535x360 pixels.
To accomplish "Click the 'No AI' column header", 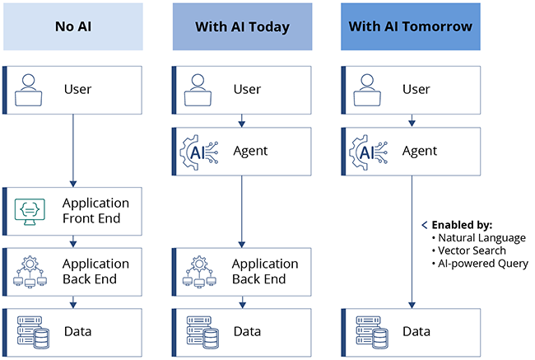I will point(73,26).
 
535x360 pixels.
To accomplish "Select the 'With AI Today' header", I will point(242,26).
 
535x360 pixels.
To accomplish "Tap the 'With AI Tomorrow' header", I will point(410,26).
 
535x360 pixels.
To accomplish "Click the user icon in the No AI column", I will point(30,90).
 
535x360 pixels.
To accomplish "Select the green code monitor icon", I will point(30,211).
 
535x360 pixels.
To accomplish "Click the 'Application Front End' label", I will point(96,211).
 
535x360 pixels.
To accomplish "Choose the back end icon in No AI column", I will point(30,272).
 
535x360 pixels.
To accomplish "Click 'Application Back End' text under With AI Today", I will point(264,272).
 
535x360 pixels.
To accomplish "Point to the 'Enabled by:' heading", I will point(462,225).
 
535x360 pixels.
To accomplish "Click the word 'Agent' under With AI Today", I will point(250,152).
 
